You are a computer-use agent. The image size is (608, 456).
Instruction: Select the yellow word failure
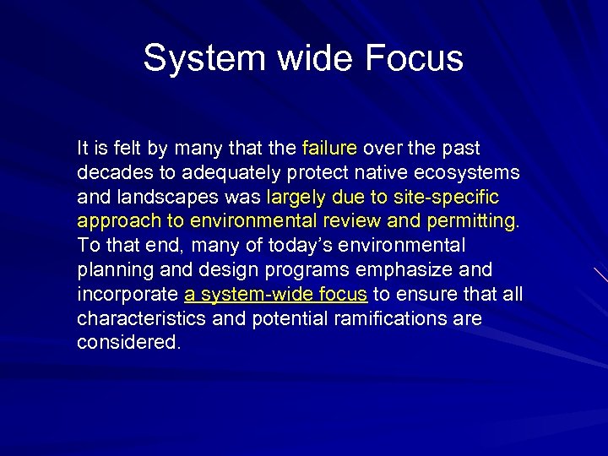(x=329, y=149)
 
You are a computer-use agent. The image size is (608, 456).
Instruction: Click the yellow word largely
(x=295, y=198)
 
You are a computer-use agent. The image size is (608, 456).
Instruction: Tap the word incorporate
(x=128, y=295)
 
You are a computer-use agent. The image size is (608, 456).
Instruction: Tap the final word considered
(x=128, y=344)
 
